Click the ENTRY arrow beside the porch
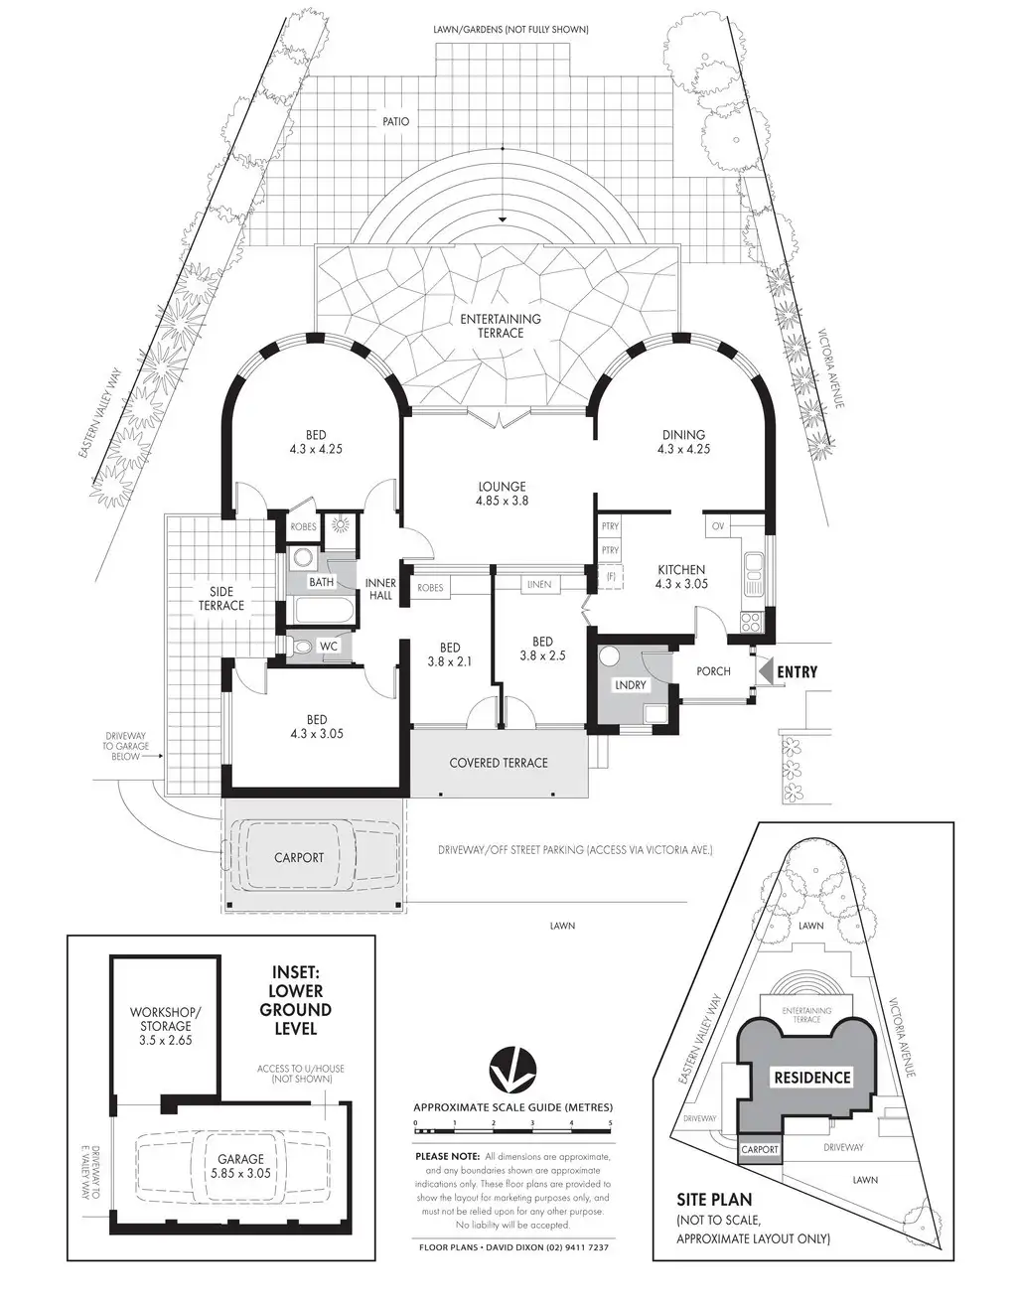pyautogui.click(x=765, y=672)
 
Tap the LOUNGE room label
pyautogui.click(x=502, y=487)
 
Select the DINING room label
pyautogui.click(x=683, y=435)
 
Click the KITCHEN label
pyautogui.click(x=682, y=570)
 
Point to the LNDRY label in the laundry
pyautogui.click(x=631, y=685)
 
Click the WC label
pyautogui.click(x=330, y=647)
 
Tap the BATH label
pyautogui.click(x=322, y=582)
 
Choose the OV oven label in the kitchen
pyautogui.click(x=718, y=525)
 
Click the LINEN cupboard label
pyautogui.click(x=539, y=584)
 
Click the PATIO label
pyautogui.click(x=395, y=122)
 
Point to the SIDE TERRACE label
pyautogui.click(x=221, y=599)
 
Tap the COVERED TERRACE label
pyautogui.click(x=499, y=763)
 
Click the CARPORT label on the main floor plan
pyautogui.click(x=299, y=857)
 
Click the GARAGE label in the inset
pyautogui.click(x=241, y=1159)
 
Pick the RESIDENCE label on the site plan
pyautogui.click(x=813, y=1078)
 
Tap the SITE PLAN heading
pyautogui.click(x=714, y=1201)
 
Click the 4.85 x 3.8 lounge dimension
pyautogui.click(x=502, y=502)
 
